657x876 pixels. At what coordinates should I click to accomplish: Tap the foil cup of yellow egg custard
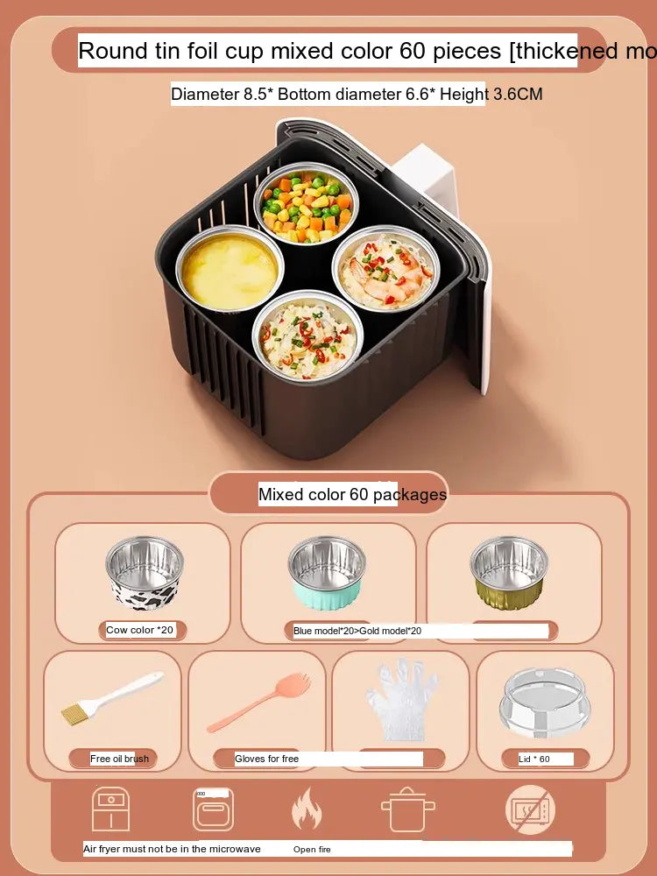230,269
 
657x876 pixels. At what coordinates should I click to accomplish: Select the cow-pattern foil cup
145,573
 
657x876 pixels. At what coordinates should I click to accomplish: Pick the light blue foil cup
327,573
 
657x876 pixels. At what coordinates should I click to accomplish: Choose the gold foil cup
509,573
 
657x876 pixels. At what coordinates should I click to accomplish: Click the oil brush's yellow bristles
76,714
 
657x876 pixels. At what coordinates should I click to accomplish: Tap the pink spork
258,702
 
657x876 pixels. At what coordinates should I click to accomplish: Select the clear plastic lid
545,703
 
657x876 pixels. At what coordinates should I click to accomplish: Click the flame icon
307,809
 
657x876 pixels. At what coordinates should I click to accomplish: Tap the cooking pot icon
408,809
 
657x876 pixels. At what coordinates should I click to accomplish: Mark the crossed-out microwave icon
530,809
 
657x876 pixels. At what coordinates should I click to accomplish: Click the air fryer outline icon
110,809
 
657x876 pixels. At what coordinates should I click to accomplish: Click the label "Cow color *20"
139,630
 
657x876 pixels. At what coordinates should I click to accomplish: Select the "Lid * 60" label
534,759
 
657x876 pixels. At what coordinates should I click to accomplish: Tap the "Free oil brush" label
119,759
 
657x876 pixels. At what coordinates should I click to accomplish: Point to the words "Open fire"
312,849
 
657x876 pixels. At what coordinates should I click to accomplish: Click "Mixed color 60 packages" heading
352,494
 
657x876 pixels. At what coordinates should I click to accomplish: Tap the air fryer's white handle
427,179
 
